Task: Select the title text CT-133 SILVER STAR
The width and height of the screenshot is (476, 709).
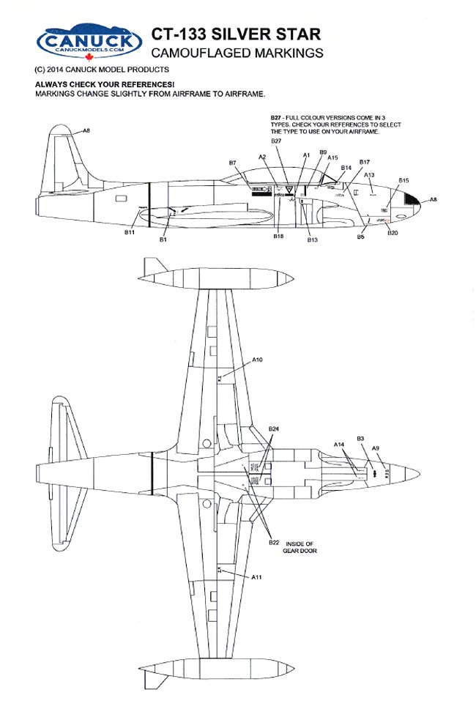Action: coord(235,35)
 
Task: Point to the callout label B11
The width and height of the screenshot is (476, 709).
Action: coord(130,232)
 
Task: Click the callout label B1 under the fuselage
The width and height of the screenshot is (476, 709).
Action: coord(163,239)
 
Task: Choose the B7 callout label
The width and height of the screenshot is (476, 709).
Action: coord(232,162)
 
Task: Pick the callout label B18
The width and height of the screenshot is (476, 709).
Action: coord(278,237)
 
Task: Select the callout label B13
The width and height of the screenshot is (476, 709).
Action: coord(313,240)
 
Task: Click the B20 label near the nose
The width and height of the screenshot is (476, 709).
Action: coord(392,232)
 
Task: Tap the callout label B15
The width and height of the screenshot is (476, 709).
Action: coord(404,179)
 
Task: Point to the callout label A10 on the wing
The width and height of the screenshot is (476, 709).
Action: coord(257,360)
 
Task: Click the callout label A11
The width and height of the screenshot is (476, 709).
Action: coord(257,577)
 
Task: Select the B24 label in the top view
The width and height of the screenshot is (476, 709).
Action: coord(274,428)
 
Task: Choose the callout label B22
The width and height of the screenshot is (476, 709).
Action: coord(274,542)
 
